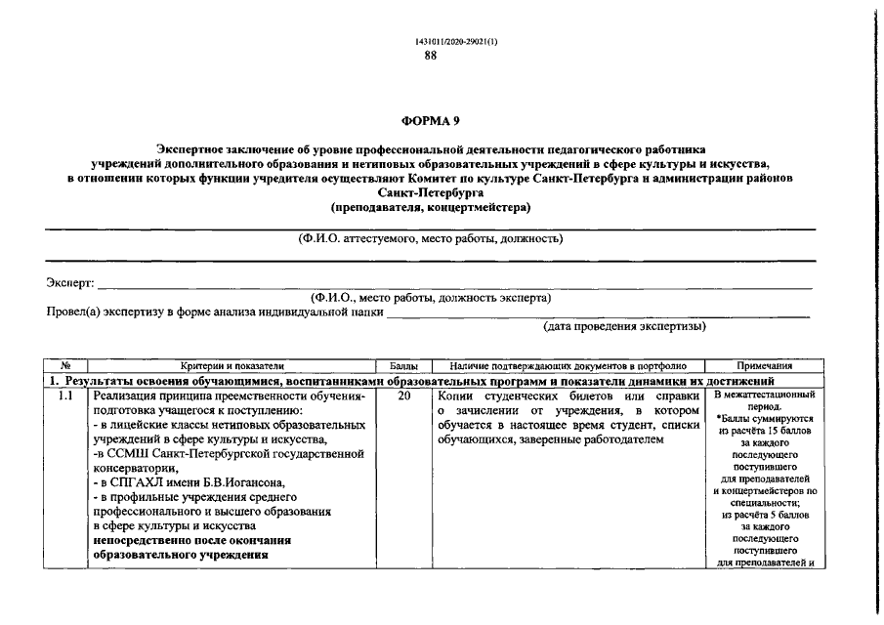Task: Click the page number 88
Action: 431,56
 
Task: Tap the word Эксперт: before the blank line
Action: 70,282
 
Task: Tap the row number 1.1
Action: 65,396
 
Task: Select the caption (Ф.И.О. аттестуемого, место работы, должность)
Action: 431,238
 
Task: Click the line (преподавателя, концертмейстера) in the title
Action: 431,207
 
